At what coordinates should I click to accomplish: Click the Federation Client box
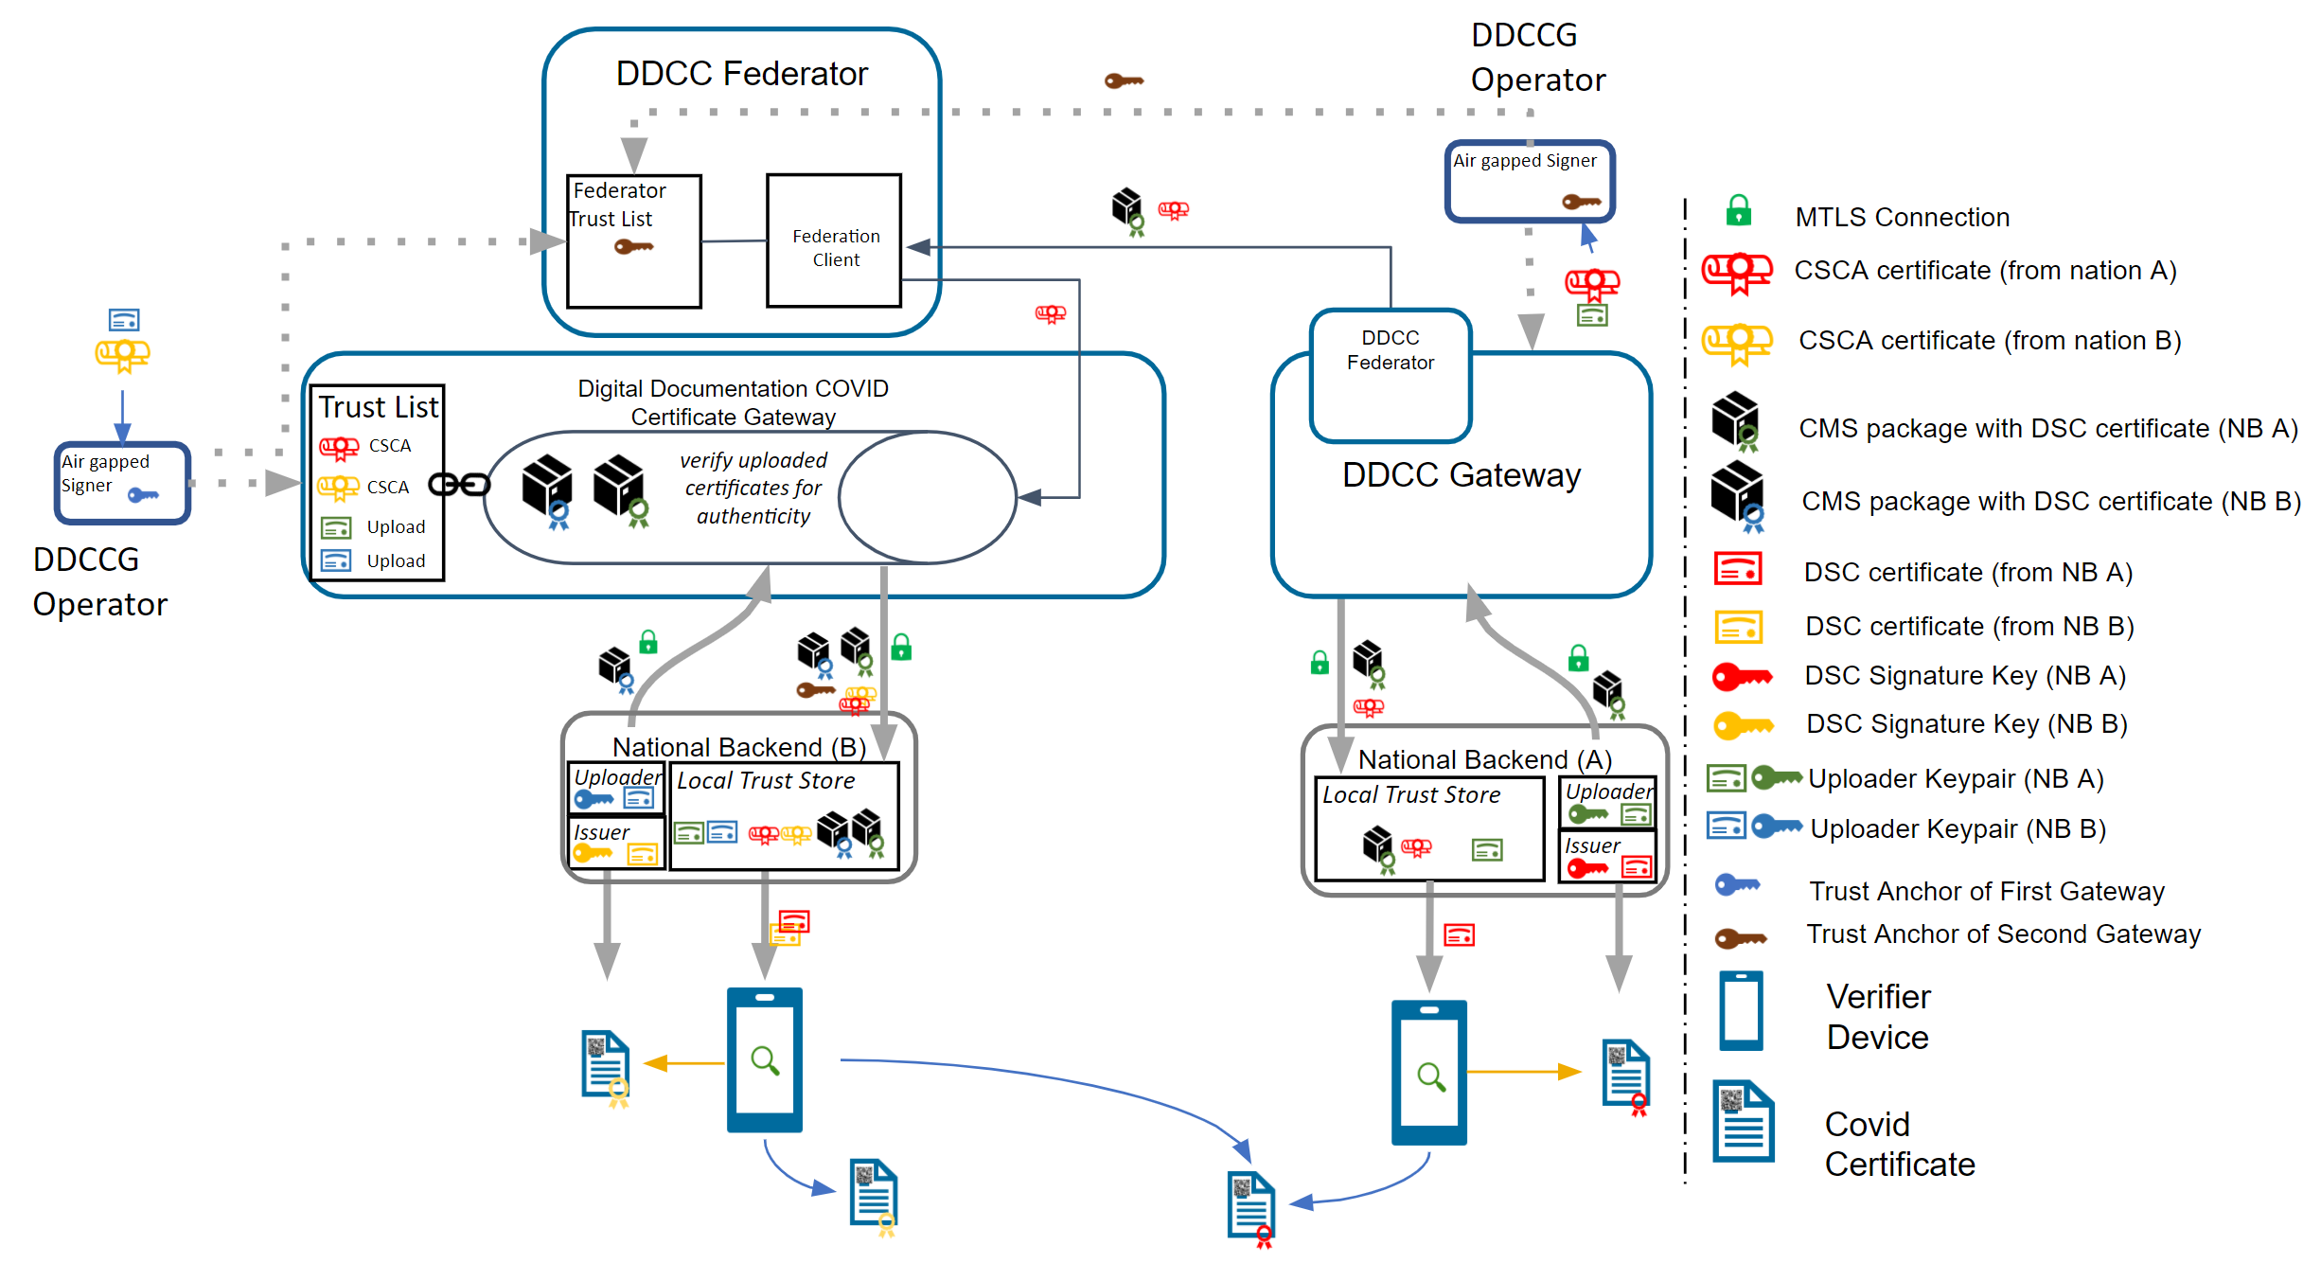tap(834, 241)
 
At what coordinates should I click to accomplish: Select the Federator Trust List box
tap(633, 241)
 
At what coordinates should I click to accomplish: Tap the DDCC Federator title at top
tap(741, 74)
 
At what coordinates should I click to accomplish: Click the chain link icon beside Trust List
tap(459, 485)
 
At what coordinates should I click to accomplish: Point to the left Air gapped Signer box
tap(123, 483)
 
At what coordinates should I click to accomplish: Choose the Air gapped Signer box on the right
tap(1529, 181)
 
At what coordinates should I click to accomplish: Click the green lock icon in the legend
tap(1738, 211)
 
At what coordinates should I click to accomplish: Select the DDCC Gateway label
tap(1461, 475)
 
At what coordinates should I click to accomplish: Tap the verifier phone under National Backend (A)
tap(1428, 1072)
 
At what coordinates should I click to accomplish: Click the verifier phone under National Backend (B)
tap(764, 1059)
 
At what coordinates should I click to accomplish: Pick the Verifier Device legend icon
tap(1741, 1011)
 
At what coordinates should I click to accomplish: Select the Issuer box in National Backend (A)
tap(1606, 857)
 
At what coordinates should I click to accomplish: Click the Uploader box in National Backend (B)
tap(616, 788)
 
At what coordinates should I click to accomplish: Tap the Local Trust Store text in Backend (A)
tap(1410, 795)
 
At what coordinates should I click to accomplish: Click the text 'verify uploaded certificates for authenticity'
tap(753, 489)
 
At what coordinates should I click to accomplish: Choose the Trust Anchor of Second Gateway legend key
tap(1740, 938)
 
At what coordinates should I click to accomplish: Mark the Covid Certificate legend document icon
tap(1743, 1122)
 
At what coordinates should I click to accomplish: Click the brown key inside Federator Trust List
tap(633, 248)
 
